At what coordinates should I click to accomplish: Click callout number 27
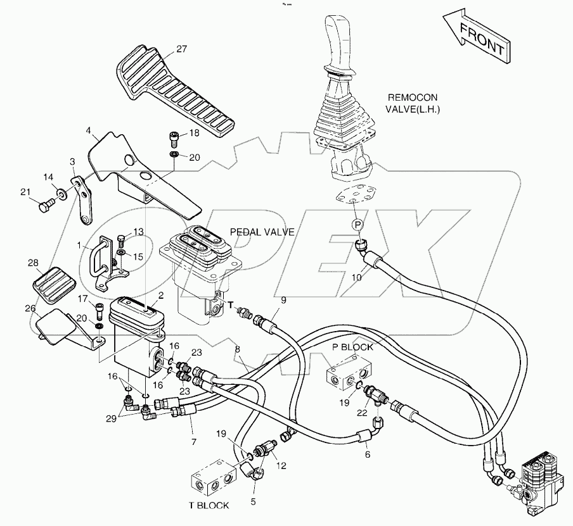point(182,49)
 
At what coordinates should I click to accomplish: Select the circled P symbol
point(357,225)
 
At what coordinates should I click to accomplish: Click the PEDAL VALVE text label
point(262,232)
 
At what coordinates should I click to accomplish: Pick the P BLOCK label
point(352,348)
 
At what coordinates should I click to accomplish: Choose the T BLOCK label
point(209,506)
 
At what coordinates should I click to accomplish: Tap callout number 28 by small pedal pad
point(34,263)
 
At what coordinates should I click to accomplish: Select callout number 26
point(29,308)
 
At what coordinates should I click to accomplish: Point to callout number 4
point(89,132)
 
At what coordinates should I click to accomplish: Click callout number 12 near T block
point(281,465)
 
